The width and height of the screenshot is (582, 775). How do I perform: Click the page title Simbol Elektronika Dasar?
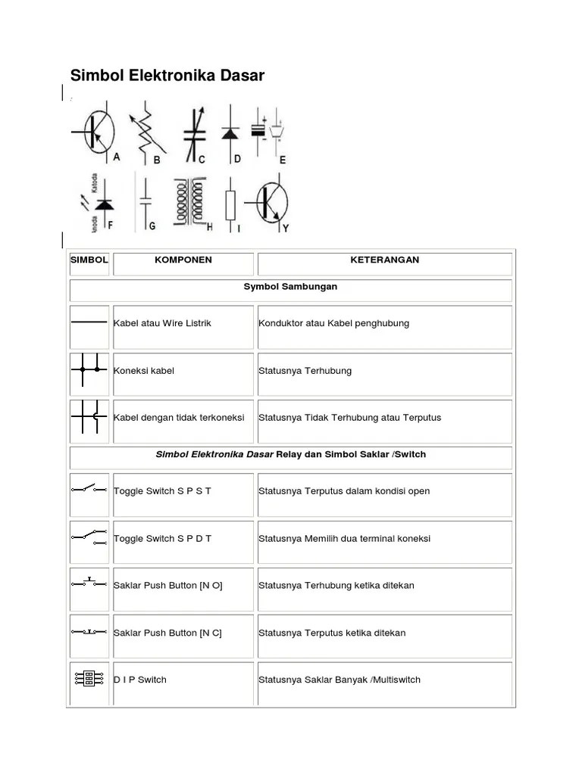tap(167, 76)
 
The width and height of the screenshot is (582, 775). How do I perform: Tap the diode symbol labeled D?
tap(230, 133)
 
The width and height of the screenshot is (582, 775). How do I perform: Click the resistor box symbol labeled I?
tap(231, 204)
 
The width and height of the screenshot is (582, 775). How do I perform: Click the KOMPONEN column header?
tap(183, 260)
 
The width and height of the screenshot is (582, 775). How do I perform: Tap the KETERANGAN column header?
tap(384, 260)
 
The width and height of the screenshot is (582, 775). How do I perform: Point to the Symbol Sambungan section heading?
tap(290, 288)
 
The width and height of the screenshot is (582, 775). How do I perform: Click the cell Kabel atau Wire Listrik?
tap(162, 324)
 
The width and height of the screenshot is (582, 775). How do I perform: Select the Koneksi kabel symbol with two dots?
tap(89, 371)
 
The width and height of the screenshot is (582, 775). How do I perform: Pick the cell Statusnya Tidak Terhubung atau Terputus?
tap(349, 418)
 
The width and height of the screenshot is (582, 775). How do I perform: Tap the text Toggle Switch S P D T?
tap(162, 539)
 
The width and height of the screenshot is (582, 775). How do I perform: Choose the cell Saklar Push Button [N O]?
tap(167, 586)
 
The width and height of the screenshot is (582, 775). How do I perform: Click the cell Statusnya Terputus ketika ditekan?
tap(332, 633)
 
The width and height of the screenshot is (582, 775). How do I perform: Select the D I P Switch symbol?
tap(89, 679)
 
